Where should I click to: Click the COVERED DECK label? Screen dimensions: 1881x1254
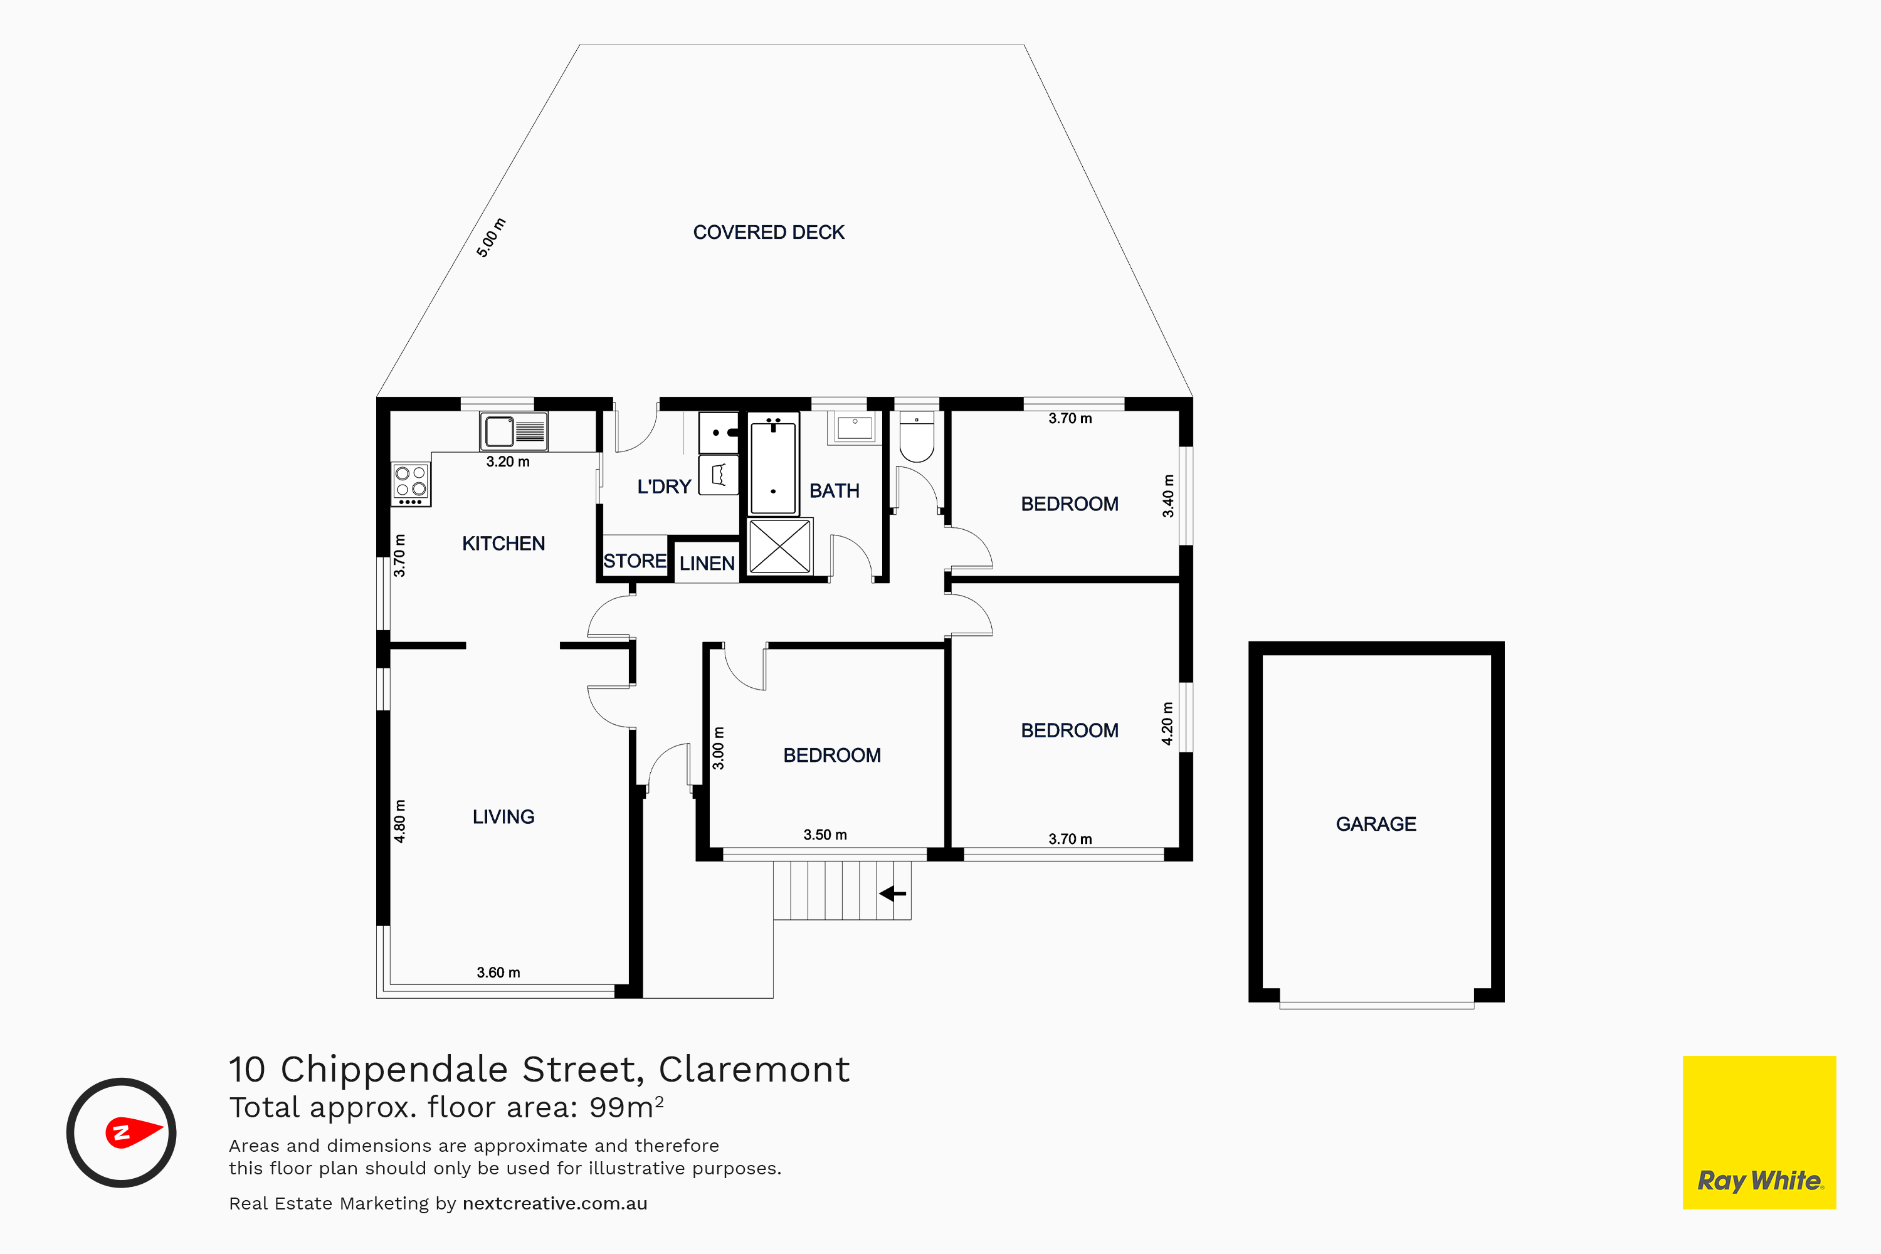tap(769, 232)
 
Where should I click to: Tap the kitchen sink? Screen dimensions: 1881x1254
tap(514, 432)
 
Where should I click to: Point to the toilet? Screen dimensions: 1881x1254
tap(917, 436)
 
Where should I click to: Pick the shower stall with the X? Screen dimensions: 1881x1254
tap(780, 546)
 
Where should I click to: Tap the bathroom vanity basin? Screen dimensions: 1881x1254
tap(855, 427)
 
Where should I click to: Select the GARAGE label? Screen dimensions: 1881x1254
tap(1376, 824)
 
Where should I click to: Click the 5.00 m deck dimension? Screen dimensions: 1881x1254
tap(492, 238)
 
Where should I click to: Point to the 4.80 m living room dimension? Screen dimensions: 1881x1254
tap(400, 821)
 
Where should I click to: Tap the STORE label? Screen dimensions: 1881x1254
tap(635, 561)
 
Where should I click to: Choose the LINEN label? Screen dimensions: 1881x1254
tap(707, 563)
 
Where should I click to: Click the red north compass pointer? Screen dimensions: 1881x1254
tap(134, 1132)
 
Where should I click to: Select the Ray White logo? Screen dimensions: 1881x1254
tap(1759, 1132)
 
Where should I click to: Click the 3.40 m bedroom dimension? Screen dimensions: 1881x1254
tap(1169, 496)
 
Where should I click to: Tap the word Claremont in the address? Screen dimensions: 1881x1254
tap(754, 1069)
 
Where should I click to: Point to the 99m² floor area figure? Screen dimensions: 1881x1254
tap(626, 1107)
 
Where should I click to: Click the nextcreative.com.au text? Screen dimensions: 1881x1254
tap(555, 1204)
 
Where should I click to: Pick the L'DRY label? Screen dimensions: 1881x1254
tap(664, 487)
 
